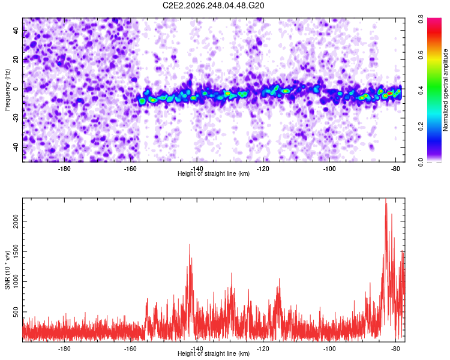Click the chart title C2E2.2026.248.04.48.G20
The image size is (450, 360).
(213, 5)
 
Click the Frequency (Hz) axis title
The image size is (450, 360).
(7, 90)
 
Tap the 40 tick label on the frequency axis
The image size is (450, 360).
(16, 31)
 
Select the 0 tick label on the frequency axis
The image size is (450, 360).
(16, 89)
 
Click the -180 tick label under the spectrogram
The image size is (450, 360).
(64, 169)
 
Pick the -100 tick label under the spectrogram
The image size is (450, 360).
(329, 169)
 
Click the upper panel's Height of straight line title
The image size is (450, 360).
(214, 173)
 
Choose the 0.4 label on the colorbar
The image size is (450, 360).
(421, 90)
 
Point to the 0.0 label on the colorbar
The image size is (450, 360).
(421, 162)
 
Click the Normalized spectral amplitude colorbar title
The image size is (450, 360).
(445, 90)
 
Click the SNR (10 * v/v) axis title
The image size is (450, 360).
(7, 270)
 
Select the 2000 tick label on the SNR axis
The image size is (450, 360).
(16, 221)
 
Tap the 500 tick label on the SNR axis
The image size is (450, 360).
(16, 312)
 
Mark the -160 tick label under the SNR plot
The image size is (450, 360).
(130, 349)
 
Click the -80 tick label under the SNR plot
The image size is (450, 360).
(395, 349)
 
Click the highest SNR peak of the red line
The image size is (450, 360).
(386, 199)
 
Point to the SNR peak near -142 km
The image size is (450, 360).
(190, 244)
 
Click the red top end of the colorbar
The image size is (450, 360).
(434, 19)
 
